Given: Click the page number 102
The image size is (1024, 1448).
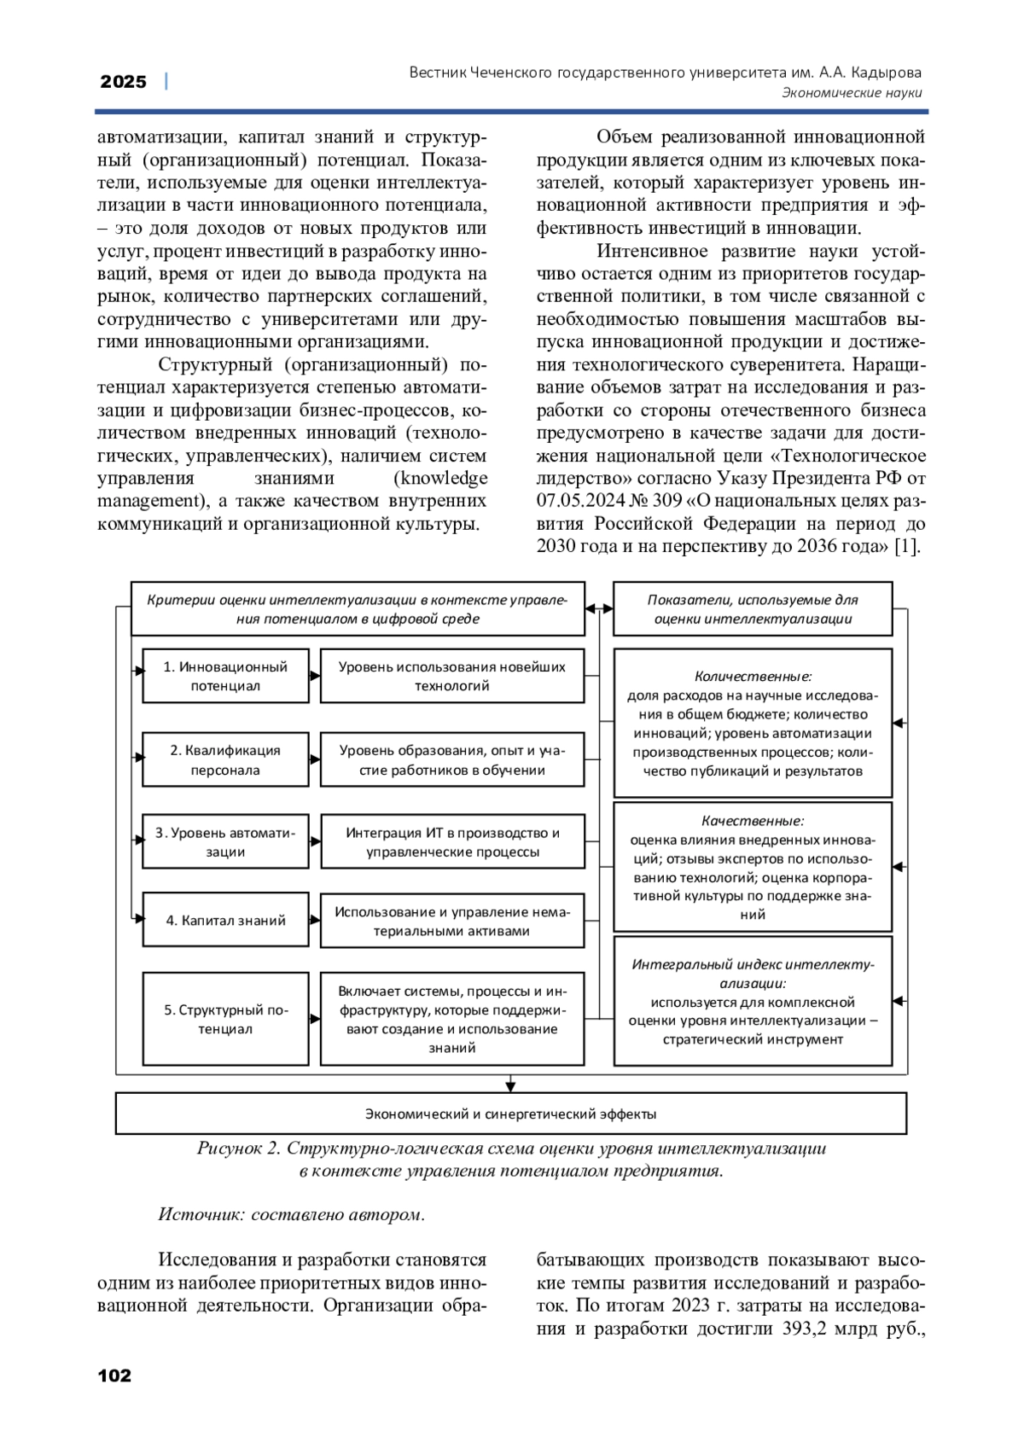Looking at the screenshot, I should [x=115, y=1375].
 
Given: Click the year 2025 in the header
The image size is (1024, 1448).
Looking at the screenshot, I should [x=124, y=82].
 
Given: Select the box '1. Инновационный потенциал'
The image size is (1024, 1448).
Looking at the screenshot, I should [x=225, y=676].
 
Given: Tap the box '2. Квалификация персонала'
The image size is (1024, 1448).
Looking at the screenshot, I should [x=225, y=759].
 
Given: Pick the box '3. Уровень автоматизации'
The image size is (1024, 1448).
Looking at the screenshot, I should [x=225, y=841].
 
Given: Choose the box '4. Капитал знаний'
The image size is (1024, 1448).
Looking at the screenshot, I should [x=225, y=920].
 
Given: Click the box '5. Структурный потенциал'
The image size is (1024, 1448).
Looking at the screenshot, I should [x=225, y=1019].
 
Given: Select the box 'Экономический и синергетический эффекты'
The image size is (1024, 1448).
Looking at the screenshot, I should [x=510, y=1114].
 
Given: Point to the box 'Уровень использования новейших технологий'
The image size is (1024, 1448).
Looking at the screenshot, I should [x=451, y=676].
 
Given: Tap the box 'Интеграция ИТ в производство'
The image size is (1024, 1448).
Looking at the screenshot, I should [x=452, y=841].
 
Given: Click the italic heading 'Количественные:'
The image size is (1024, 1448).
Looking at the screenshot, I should [x=753, y=677].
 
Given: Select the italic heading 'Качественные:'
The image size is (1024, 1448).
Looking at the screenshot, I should [x=753, y=821].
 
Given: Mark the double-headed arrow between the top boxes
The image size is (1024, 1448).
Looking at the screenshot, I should [x=599, y=608].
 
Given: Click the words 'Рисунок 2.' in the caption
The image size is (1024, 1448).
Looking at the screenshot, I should [x=238, y=1149].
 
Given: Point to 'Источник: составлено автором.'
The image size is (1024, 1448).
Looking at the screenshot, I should [x=292, y=1214].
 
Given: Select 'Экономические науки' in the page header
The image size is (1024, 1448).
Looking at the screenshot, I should [x=852, y=93].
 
